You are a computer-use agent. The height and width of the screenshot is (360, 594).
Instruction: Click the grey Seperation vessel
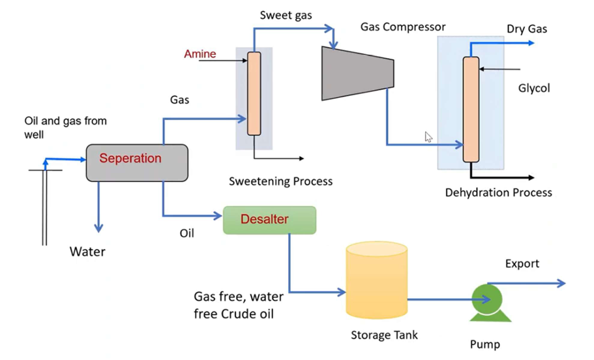tap(137, 162)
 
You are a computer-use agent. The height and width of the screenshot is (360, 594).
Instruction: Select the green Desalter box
tap(269, 220)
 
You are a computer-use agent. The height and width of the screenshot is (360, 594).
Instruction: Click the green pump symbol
tap(487, 301)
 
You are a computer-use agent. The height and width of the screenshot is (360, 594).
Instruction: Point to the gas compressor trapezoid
tap(357, 72)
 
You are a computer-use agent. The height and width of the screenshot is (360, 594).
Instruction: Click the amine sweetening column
tap(254, 94)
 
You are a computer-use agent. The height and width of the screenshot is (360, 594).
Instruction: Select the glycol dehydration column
tap(470, 109)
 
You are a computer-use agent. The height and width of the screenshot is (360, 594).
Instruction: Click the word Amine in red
tap(200, 54)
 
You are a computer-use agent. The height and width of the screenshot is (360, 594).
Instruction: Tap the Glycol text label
tap(533, 87)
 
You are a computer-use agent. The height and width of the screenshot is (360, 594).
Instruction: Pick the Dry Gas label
tap(526, 29)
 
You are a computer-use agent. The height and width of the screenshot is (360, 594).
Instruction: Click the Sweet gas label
tap(286, 14)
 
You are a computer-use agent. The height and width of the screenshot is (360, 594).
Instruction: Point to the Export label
tap(522, 263)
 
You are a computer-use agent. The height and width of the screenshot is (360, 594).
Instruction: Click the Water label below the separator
tap(87, 251)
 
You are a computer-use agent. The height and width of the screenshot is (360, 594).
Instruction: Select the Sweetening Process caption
tap(280, 181)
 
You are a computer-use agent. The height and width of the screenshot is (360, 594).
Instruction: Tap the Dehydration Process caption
tap(498, 192)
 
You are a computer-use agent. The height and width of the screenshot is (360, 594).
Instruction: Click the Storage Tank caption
tap(384, 335)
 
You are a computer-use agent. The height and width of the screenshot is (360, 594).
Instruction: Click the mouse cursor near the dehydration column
tap(428, 136)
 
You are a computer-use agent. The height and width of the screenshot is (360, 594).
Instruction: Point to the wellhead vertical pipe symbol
tap(45, 205)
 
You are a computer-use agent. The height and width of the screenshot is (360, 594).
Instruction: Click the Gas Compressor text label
tap(403, 27)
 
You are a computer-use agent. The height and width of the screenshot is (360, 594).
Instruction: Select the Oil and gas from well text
tap(65, 127)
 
